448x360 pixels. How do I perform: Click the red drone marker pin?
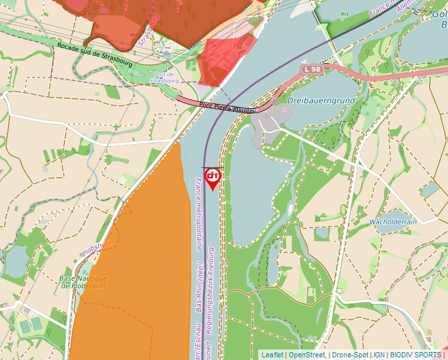tap(213, 177)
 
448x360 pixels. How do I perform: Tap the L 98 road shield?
tap(313, 68)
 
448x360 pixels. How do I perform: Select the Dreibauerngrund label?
tap(321, 101)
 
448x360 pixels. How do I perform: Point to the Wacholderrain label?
tap(393, 222)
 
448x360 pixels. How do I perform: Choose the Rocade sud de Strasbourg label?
tap(95, 55)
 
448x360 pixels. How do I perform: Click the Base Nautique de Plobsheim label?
tap(84, 282)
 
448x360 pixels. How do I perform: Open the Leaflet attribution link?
tap(272, 355)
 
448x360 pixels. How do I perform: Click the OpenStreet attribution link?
tap(307, 355)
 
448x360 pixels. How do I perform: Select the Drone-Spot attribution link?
tap(350, 355)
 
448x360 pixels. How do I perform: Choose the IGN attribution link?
tap(379, 355)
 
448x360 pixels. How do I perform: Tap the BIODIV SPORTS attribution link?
tap(415, 355)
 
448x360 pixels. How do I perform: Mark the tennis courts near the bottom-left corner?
tap(30, 325)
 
